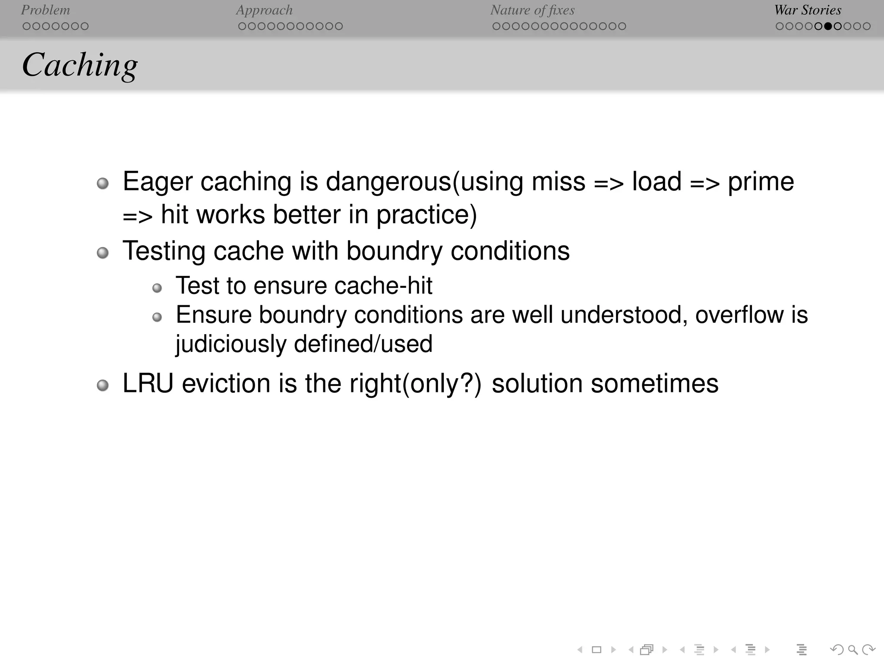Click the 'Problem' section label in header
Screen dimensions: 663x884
[45, 10]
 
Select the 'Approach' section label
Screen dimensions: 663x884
[264, 10]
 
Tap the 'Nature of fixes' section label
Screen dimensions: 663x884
[532, 10]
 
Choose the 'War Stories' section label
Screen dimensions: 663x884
[808, 10]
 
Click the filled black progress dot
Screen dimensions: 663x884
[828, 26]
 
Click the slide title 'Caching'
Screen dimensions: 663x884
[80, 65]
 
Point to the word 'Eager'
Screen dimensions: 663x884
[157, 181]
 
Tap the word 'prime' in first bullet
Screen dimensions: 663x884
[761, 181]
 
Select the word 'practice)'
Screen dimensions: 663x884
[426, 215]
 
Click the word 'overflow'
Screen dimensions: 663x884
[739, 315]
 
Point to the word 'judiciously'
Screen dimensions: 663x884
[231, 344]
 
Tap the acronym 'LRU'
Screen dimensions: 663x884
[148, 383]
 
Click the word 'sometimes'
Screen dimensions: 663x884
[654, 383]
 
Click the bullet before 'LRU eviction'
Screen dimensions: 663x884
[103, 385]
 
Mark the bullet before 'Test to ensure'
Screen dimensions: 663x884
[157, 288]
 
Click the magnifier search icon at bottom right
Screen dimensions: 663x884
[853, 650]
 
